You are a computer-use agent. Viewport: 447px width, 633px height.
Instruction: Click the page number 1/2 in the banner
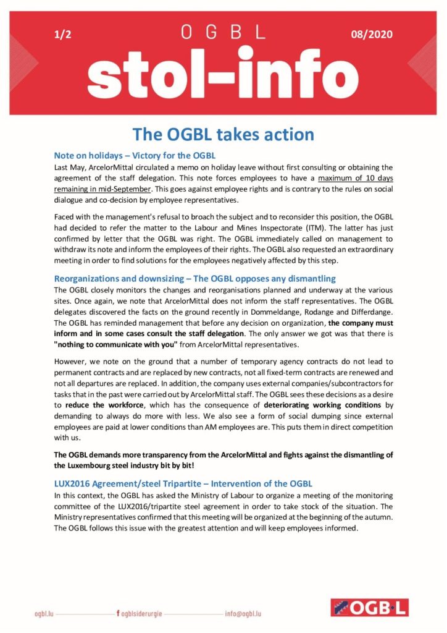click(63, 35)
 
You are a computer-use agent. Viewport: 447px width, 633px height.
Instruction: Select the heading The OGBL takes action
click(223, 134)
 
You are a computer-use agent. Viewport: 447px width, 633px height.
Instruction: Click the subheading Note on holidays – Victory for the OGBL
click(134, 156)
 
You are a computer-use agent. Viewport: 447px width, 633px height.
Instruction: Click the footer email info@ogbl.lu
click(244, 614)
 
